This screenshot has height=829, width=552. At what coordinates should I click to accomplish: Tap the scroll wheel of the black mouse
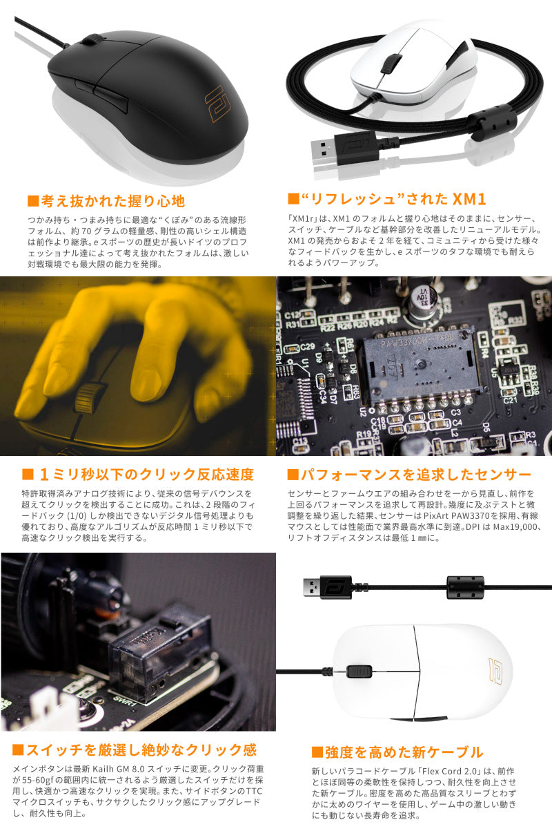click(88, 39)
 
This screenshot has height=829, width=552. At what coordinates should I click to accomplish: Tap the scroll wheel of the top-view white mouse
click(357, 671)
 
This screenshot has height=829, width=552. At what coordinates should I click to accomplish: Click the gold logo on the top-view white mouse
click(493, 671)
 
